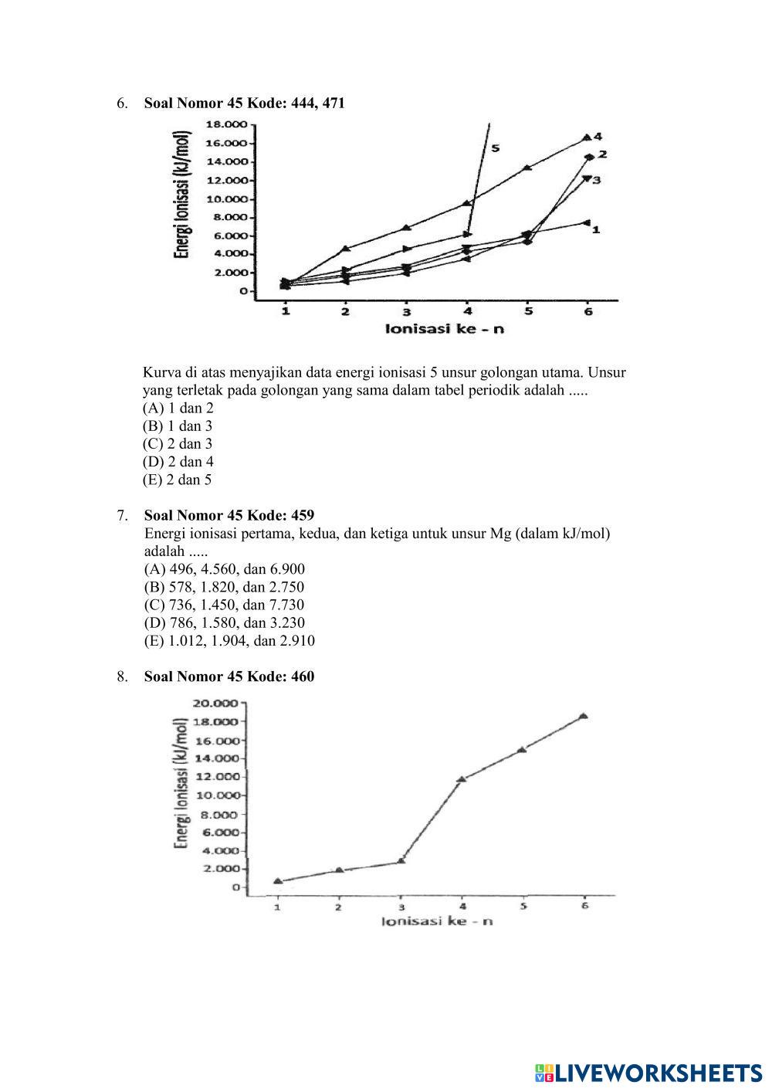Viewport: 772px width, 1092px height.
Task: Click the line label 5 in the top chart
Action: click(x=495, y=148)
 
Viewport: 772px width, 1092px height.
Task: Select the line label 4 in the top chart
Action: click(x=598, y=137)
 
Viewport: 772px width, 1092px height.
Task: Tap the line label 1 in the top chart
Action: click(x=597, y=229)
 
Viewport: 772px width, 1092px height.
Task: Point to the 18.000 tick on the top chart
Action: click(x=225, y=124)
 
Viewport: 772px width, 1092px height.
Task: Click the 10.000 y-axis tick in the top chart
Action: click(x=225, y=198)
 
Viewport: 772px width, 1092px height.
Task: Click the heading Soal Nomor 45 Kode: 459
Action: click(x=229, y=515)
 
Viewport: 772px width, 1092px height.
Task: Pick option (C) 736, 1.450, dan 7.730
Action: click(x=224, y=605)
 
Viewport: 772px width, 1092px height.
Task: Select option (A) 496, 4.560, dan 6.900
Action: click(x=224, y=569)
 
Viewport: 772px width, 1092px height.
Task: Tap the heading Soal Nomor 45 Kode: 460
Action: click(x=229, y=677)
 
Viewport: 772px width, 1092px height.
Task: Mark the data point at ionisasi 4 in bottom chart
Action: click(x=462, y=779)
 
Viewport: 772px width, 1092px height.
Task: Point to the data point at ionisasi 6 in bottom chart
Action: click(x=584, y=716)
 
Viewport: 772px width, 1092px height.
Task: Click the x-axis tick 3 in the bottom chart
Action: click(x=401, y=907)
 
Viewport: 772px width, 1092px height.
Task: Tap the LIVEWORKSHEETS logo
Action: click(x=648, y=1073)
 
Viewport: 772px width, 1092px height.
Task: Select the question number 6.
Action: click(x=122, y=103)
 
